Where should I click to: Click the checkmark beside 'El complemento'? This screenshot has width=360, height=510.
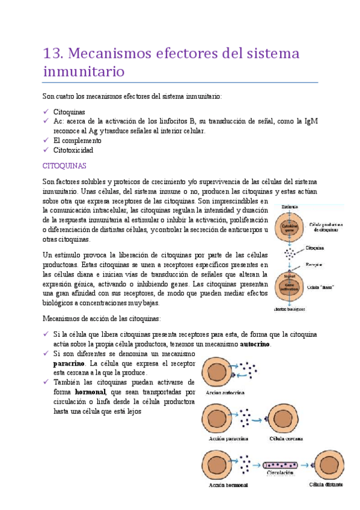pos(46,140)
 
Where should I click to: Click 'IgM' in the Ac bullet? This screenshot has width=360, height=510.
pos(311,121)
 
